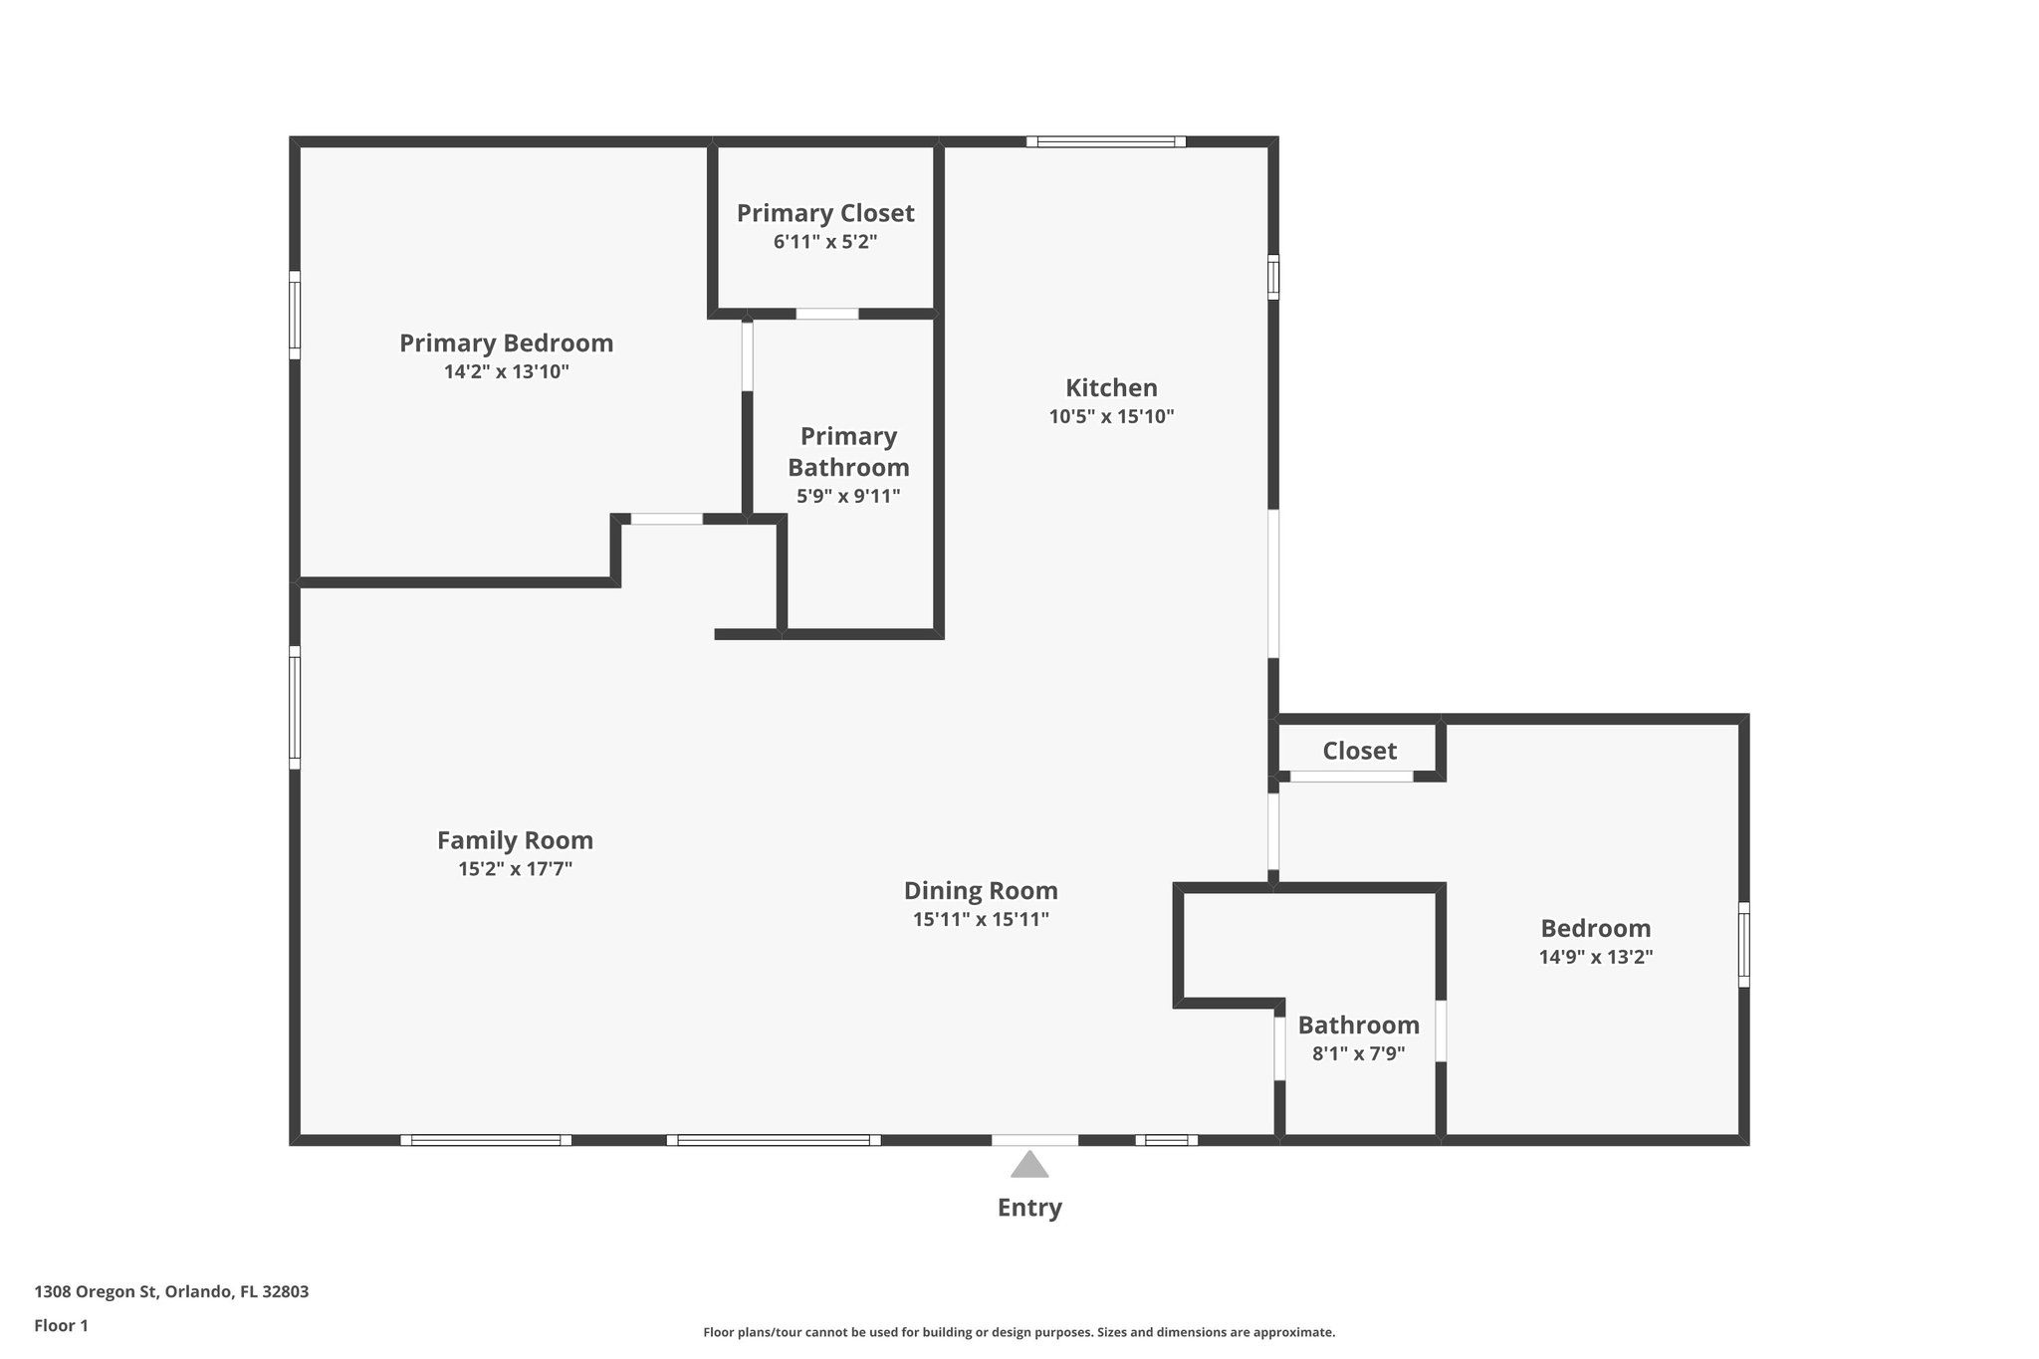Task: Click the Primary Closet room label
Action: point(825,213)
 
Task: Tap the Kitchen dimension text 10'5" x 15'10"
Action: point(1111,417)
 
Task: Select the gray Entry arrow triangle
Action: point(1029,1165)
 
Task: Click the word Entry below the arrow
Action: point(1029,1208)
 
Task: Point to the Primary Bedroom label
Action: point(506,343)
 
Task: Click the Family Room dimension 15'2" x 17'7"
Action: point(515,869)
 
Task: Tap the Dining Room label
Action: point(981,891)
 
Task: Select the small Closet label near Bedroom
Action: point(1359,751)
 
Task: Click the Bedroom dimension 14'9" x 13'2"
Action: point(1595,958)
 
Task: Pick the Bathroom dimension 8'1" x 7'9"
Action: point(1358,1054)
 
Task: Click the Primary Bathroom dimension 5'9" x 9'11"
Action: point(848,496)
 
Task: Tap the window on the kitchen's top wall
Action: point(1106,142)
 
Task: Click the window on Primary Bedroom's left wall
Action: point(295,315)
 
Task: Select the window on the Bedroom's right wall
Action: point(1743,944)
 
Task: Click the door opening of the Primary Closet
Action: point(826,315)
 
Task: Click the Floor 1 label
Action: point(61,1326)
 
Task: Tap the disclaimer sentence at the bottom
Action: point(1019,1332)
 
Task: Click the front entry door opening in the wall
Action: point(1034,1140)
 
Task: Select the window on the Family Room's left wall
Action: point(295,707)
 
